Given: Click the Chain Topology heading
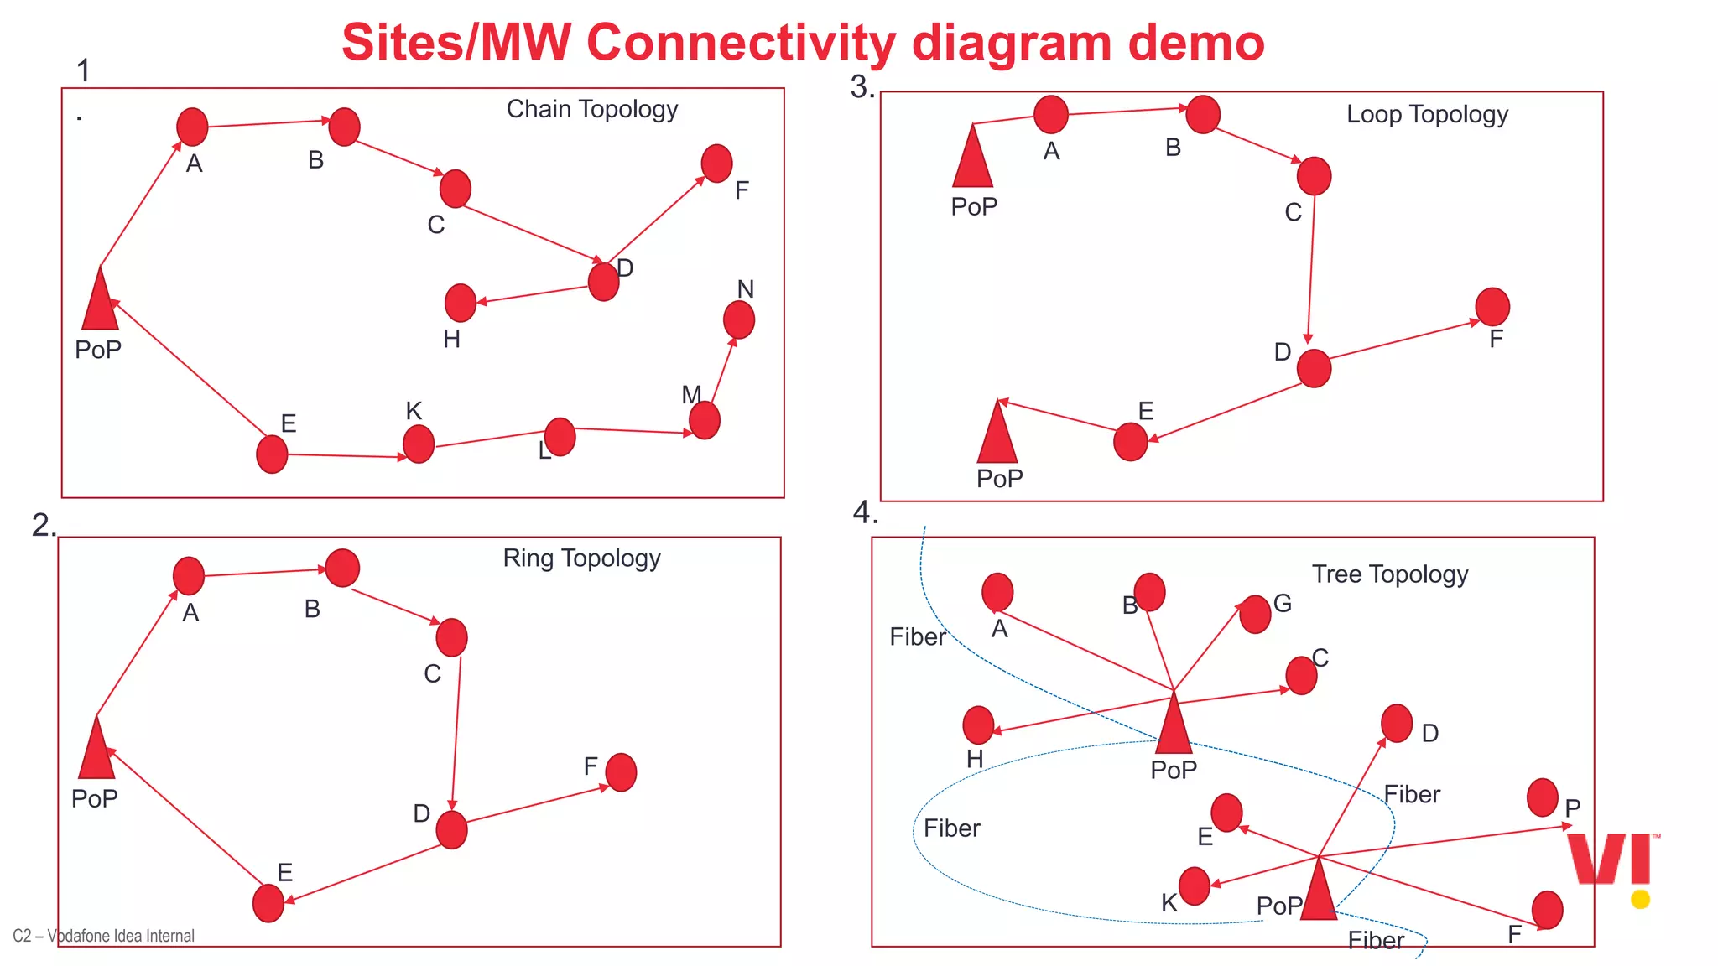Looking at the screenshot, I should click(591, 110).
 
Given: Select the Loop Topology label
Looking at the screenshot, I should click(1427, 115).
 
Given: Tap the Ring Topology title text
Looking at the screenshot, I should click(581, 558).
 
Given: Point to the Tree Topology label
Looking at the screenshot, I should click(1390, 574).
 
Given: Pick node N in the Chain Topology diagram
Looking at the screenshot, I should click(739, 319).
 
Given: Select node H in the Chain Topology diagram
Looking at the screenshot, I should click(461, 303).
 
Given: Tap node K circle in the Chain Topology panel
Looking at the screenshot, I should click(419, 444).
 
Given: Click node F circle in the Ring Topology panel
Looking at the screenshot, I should click(621, 772).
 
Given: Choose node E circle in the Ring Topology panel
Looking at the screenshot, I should click(268, 903).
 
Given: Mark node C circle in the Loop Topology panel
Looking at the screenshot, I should click(1314, 176).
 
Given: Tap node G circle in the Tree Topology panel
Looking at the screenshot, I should click(1255, 615).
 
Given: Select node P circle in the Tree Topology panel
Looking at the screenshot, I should click(1542, 797).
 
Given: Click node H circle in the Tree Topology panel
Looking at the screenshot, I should click(978, 725).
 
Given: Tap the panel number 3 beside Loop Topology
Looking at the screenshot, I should click(861, 86).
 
